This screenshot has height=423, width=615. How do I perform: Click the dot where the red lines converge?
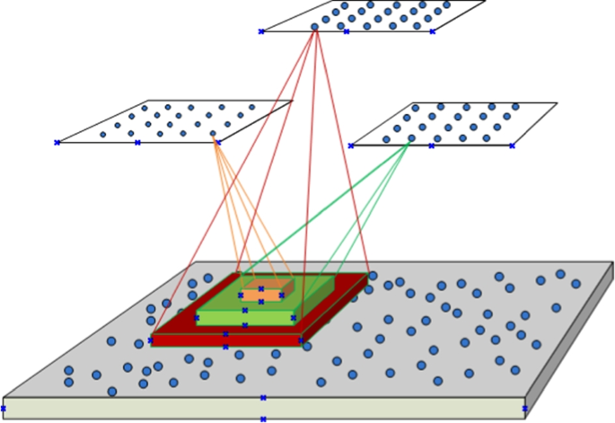tap(314, 27)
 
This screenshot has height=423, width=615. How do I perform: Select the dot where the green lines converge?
tap(412, 138)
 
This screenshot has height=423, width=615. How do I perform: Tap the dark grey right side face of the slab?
tap(569, 340)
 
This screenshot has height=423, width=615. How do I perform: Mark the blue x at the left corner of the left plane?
tap(57, 142)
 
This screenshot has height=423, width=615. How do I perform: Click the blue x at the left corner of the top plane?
tap(261, 31)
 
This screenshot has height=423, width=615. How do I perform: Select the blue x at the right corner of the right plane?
tap(512, 145)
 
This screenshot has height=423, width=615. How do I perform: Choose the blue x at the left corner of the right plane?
tap(351, 145)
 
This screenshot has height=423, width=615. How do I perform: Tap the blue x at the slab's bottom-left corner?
tap(4, 409)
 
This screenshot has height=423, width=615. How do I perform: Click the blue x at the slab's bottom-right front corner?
tap(524, 409)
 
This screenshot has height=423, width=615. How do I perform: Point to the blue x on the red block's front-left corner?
tap(150, 340)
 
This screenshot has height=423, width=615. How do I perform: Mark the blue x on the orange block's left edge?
tap(241, 295)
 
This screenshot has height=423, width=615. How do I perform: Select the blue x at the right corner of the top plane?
tap(432, 31)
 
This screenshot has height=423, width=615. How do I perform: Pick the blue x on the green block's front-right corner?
tap(293, 318)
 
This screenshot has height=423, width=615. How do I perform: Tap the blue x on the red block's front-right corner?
tap(301, 340)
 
